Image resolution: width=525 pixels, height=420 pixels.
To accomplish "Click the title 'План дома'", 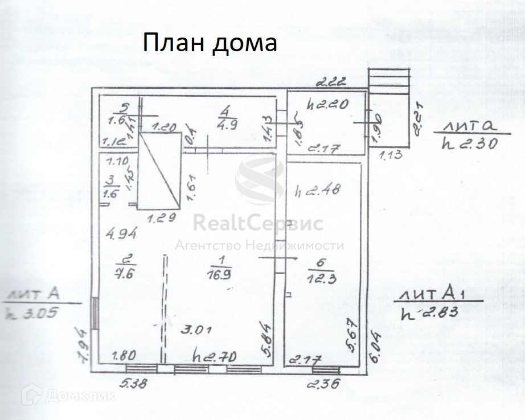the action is tap(210, 43).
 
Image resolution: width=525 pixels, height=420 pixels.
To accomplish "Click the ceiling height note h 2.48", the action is tap(317, 191).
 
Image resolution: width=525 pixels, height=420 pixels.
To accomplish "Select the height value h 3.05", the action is tap(32, 312).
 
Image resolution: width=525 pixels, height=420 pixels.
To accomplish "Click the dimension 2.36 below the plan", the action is tap(323, 384).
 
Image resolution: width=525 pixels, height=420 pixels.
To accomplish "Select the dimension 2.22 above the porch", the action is tap(331, 83).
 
